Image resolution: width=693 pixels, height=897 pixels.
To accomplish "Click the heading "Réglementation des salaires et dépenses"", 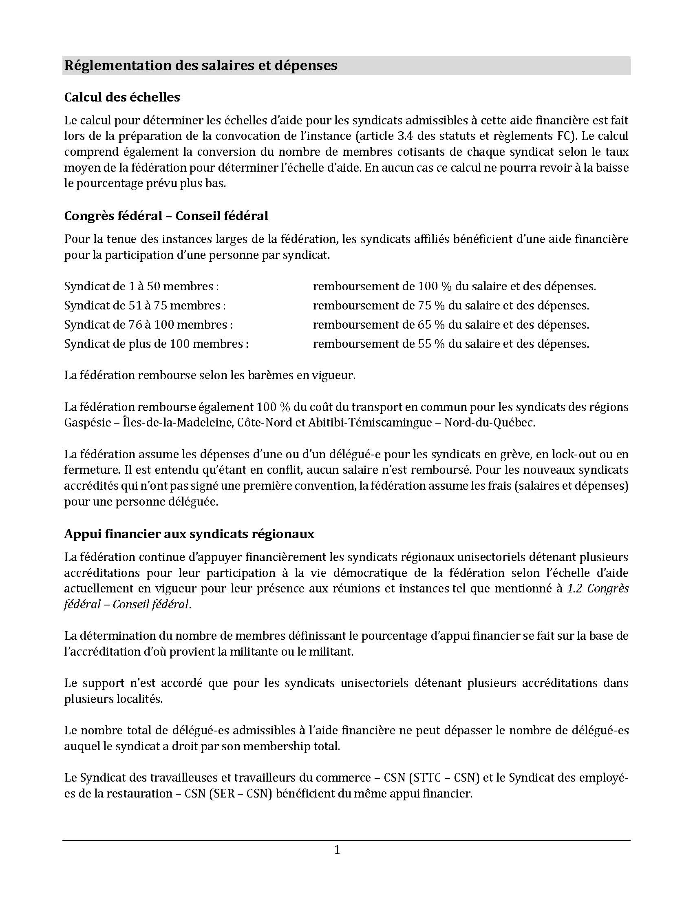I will pyautogui.click(x=201, y=66).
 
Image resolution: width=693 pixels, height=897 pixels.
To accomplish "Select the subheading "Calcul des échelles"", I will pyautogui.click(x=122, y=97).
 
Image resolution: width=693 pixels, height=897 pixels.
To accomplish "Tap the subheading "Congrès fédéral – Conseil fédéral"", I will pyautogui.click(x=166, y=216).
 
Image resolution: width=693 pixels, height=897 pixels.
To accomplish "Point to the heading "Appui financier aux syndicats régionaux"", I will pyautogui.click(x=189, y=534).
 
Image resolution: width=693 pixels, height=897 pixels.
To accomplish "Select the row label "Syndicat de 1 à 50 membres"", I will pyautogui.click(x=141, y=286).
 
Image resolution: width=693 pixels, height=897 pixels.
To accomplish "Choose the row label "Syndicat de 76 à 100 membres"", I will pyautogui.click(x=148, y=325).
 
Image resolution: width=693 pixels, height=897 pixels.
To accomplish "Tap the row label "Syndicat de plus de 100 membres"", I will pyautogui.click(x=156, y=344).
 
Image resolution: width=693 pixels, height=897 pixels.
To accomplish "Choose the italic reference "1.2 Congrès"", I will pyautogui.click(x=598, y=588).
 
